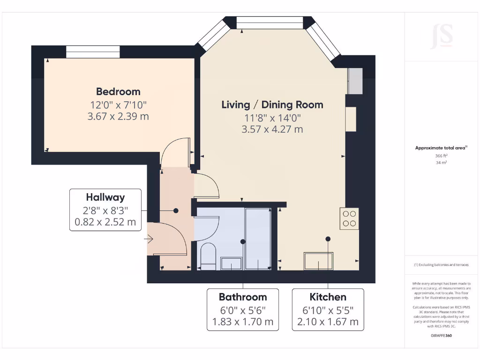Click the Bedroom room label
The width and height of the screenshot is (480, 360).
tap(118, 91)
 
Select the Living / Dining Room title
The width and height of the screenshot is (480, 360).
tap(272, 105)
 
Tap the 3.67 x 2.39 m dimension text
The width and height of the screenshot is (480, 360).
tap(118, 116)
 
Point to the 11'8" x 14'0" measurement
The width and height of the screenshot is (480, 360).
tap(272, 118)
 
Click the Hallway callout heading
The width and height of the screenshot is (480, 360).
tap(105, 197)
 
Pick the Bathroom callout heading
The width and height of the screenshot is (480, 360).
tap(243, 297)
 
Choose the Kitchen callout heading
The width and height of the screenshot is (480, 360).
tap(328, 297)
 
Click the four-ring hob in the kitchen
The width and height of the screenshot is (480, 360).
tap(349, 218)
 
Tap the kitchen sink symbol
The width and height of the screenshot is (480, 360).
tap(319, 261)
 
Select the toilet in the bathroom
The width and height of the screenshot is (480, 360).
tap(208, 256)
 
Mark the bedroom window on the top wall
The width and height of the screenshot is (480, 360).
tap(93, 52)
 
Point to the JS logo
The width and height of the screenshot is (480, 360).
tap(442, 37)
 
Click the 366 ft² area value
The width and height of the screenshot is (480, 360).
tap(442, 156)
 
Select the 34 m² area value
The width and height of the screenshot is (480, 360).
tap(442, 163)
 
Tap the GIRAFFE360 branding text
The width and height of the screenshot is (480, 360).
tap(442, 336)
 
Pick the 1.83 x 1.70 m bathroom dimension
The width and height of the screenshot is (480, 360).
tap(243, 322)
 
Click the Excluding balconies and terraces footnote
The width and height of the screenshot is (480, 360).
tap(442, 265)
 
